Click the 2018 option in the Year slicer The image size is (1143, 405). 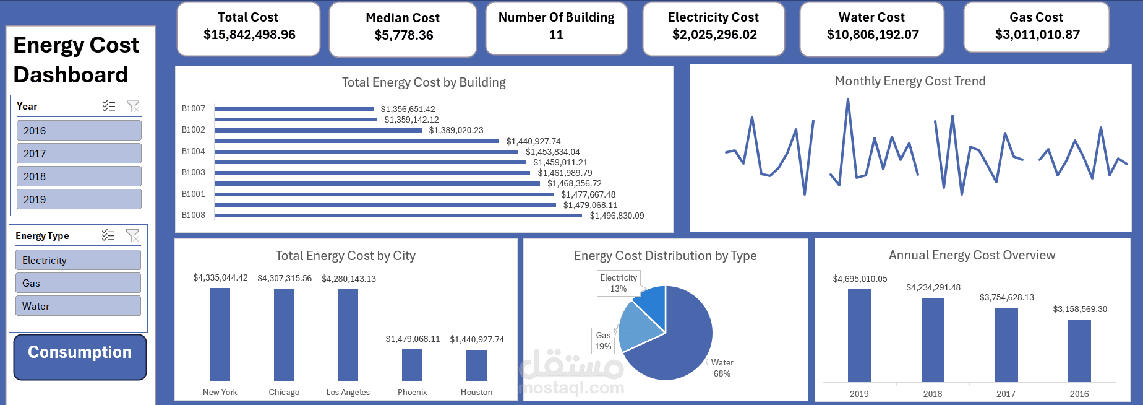(79, 176)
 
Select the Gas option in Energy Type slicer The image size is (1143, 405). (78, 283)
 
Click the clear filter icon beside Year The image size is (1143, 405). (133, 106)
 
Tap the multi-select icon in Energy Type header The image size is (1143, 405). (108, 235)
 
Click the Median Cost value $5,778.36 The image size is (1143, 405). (403, 35)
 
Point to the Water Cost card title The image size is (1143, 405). (871, 17)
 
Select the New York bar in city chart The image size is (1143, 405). (220, 334)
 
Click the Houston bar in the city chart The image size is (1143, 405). (476, 365)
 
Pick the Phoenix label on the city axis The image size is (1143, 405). (412, 392)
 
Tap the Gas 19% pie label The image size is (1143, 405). (603, 341)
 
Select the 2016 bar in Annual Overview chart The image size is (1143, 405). (1079, 351)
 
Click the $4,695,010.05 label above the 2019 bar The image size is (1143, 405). (860, 279)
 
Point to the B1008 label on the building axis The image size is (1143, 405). (194, 215)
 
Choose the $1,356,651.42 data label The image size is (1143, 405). (408, 109)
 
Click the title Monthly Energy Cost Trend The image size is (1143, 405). (910, 81)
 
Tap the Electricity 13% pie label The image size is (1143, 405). (619, 283)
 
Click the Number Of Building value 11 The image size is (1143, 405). (556, 35)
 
